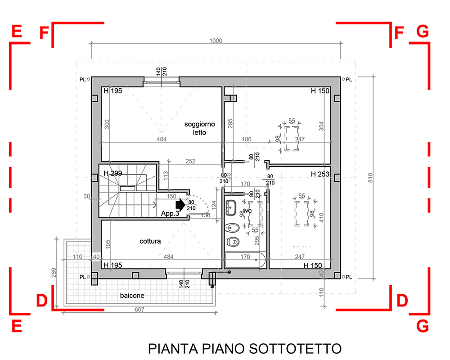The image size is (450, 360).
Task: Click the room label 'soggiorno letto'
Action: (199, 127)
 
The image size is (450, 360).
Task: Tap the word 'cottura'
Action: (150, 241)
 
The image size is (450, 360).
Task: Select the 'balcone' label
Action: (132, 296)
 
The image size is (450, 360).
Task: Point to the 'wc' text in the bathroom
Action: (248, 211)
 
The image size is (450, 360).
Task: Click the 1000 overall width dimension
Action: (216, 40)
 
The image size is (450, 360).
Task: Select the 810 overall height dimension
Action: (370, 178)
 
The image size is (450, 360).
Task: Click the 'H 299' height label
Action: (113, 173)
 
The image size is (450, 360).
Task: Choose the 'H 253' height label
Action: (320, 174)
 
